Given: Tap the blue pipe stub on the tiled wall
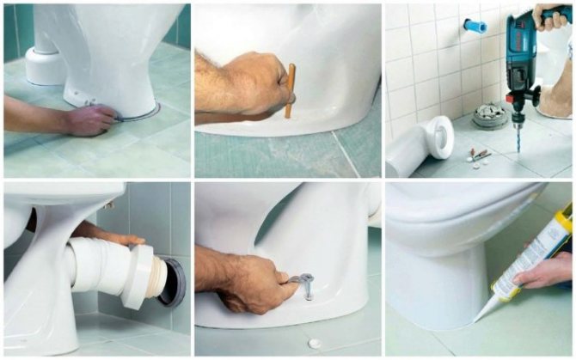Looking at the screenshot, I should point(475,26).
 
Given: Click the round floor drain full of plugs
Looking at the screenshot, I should point(491,115).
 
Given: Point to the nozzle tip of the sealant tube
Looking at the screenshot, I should point(478,317).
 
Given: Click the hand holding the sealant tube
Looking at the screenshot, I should point(547,273).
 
